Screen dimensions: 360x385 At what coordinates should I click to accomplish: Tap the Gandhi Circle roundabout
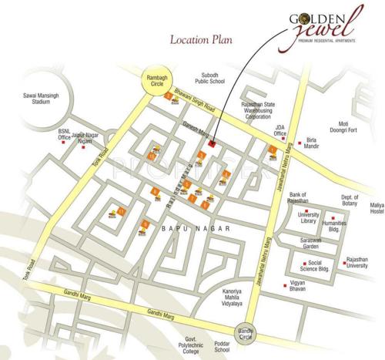[x=247, y=331]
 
